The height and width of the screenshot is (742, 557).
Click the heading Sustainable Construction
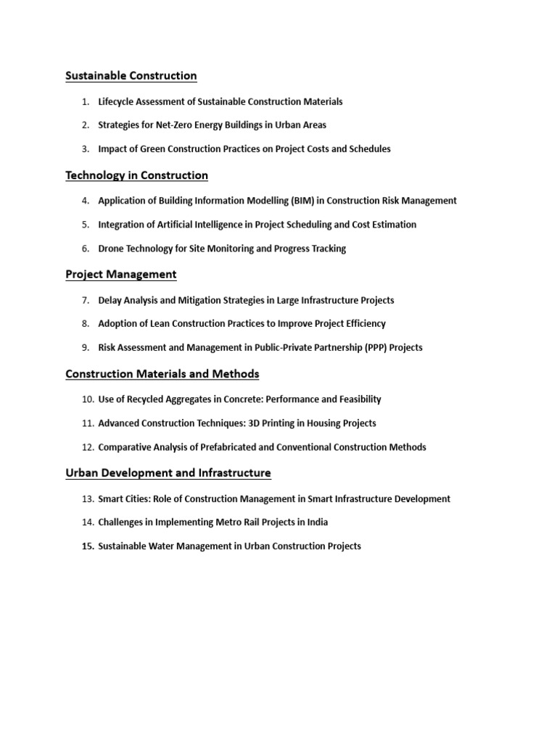[131, 75]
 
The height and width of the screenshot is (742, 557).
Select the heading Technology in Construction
[136, 175]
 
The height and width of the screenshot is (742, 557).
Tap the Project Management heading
[120, 275]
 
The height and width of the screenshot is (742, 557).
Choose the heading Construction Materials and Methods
[162, 374]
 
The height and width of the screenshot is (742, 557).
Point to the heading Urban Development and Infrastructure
[168, 473]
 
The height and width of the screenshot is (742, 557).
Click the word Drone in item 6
[112, 249]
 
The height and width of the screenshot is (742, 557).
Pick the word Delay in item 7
[110, 300]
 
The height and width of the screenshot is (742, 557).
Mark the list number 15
[88, 546]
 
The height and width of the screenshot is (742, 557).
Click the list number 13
[88, 499]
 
